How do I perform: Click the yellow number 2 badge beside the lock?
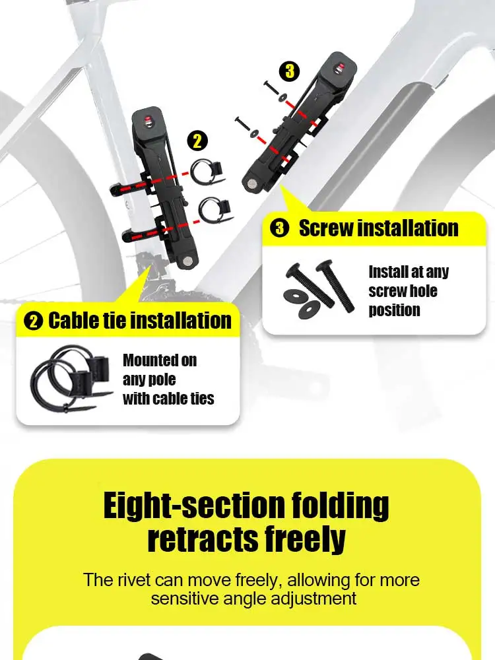pyautogui.click(x=197, y=141)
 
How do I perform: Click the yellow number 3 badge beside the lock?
pyautogui.click(x=290, y=71)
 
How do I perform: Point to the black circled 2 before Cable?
pyautogui.click(x=34, y=321)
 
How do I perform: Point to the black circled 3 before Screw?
pyautogui.click(x=279, y=229)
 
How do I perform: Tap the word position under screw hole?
pyautogui.click(x=395, y=310)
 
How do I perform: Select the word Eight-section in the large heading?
pyautogui.click(x=194, y=506)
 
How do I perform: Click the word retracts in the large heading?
pyautogui.click(x=203, y=539)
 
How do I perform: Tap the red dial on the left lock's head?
pyautogui.click(x=147, y=121)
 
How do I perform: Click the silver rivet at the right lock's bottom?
pyautogui.click(x=251, y=183)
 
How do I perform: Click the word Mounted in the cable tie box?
pyautogui.click(x=160, y=360)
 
